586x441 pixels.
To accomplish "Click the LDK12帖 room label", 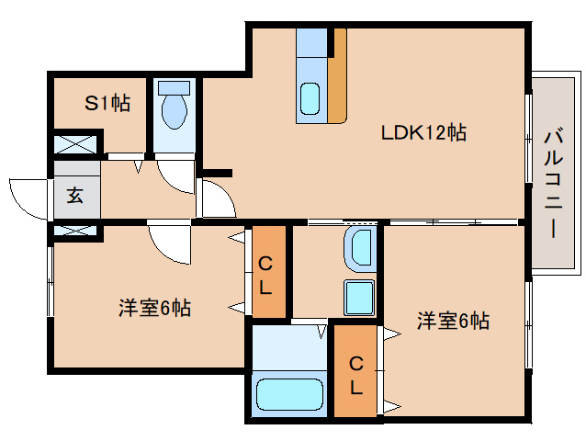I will click(424, 133).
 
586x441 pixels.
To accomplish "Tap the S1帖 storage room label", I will click(107, 104).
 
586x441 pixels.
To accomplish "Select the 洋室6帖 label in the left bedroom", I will click(154, 309).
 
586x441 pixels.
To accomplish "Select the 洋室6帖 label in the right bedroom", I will click(453, 321).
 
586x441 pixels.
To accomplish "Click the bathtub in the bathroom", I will click(288, 394).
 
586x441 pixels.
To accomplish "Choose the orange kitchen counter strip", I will click(338, 78).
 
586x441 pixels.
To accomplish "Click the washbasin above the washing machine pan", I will click(360, 247).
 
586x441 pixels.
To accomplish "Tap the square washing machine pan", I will click(359, 297).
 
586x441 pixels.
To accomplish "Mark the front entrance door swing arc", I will click(28, 198).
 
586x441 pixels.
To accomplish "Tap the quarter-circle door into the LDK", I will click(217, 197).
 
